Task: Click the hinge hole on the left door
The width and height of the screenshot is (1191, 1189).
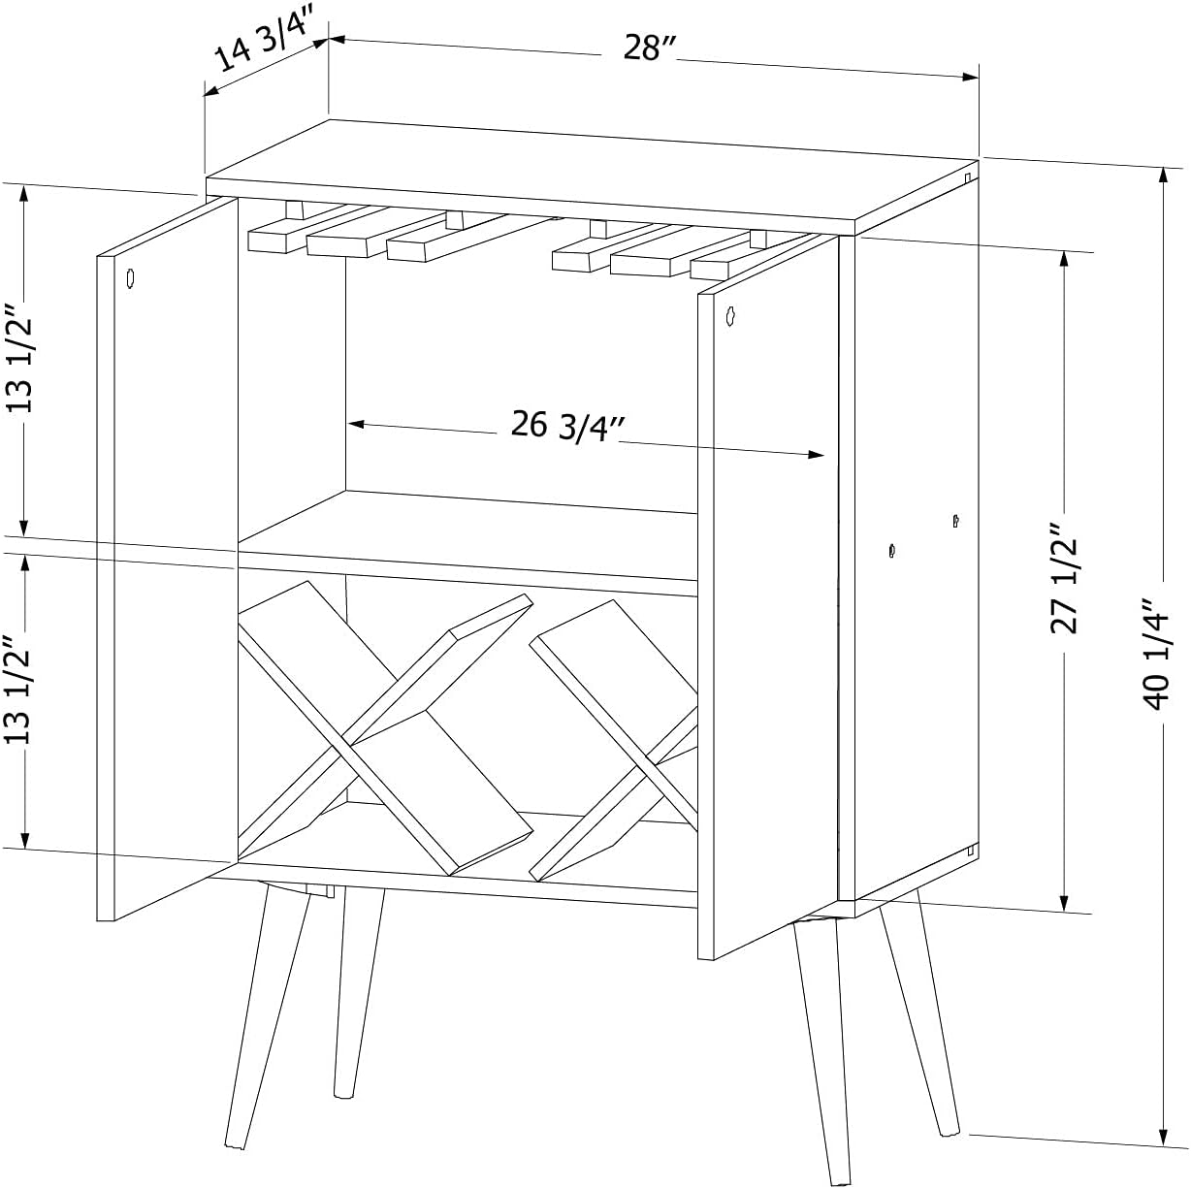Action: tap(130, 278)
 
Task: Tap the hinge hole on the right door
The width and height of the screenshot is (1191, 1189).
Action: tap(730, 315)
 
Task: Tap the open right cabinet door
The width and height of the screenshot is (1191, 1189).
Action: tap(768, 596)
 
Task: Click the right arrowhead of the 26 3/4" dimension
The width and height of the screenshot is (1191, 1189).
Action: tap(817, 455)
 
